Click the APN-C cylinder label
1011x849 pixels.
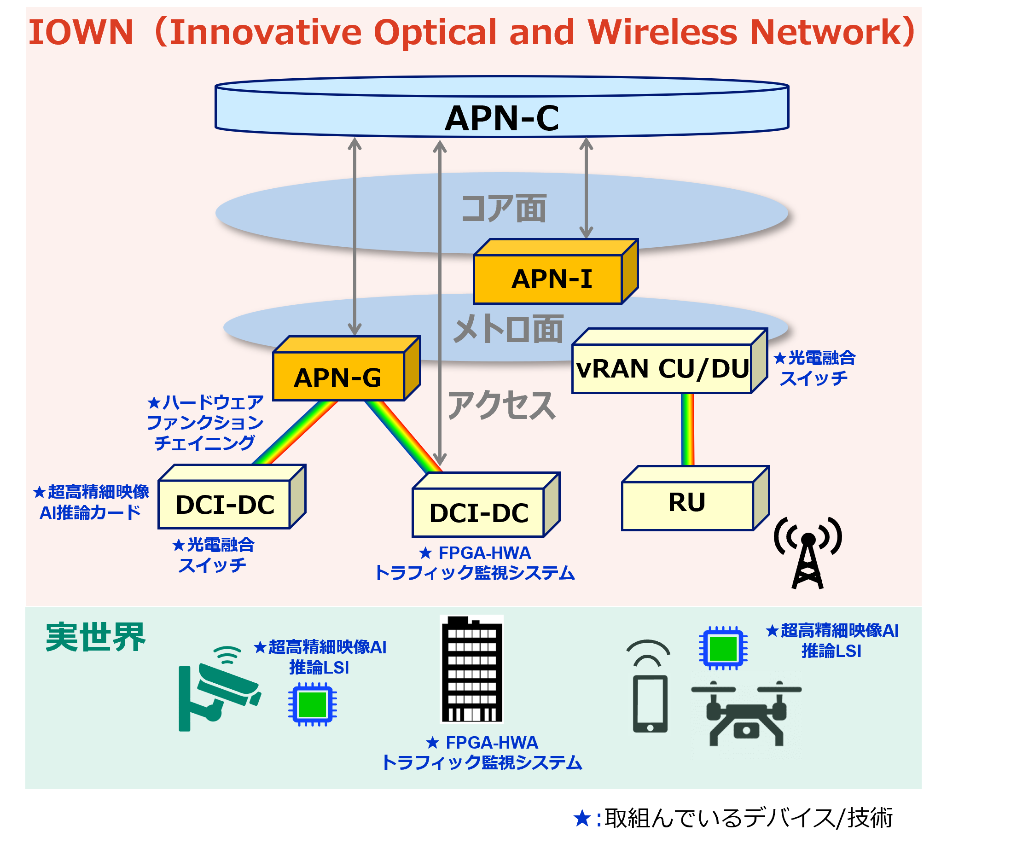click(x=502, y=118)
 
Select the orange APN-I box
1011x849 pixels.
click(x=551, y=278)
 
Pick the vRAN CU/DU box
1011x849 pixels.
click(x=662, y=368)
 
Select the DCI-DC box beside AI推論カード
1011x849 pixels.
click(x=225, y=504)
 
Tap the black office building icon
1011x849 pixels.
click(x=472, y=669)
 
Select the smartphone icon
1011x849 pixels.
click(x=650, y=703)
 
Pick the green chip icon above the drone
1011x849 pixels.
click(x=723, y=648)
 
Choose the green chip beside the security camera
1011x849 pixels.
click(x=313, y=704)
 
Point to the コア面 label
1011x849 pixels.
click(x=504, y=209)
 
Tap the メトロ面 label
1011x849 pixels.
click(x=508, y=329)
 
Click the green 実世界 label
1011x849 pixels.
click(x=95, y=637)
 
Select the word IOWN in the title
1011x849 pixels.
click(x=81, y=33)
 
